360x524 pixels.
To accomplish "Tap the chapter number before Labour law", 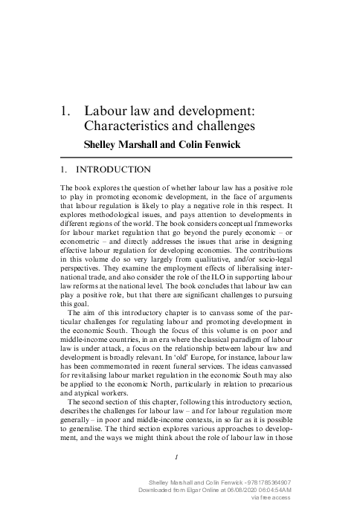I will [x=65, y=111].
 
